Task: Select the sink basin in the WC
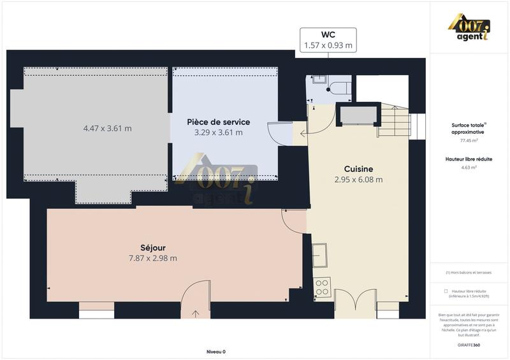tap(319, 80)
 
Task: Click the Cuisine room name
tap(358, 169)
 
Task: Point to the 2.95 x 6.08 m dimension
tap(359, 180)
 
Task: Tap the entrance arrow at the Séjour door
tap(195, 313)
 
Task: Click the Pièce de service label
tap(218, 122)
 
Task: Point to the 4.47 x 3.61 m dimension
tap(107, 128)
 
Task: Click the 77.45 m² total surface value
tap(469, 140)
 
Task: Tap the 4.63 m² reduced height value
tap(469, 168)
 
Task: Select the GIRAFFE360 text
tap(469, 345)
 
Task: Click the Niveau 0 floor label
tap(216, 352)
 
